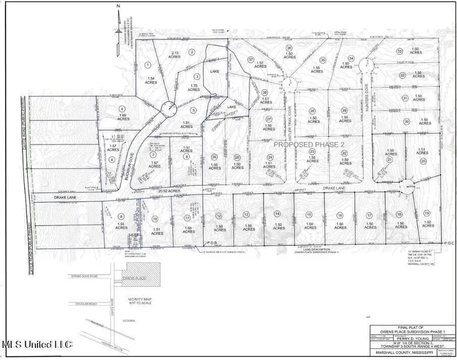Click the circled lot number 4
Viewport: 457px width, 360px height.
(x=122, y=108)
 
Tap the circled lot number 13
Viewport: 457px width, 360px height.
(x=246, y=214)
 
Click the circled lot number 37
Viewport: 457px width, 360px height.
(x=250, y=60)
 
